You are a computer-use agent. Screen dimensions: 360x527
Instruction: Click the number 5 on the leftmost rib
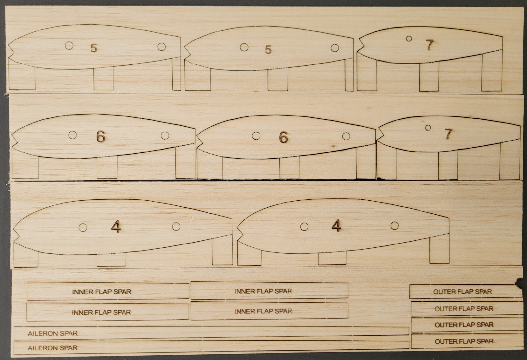94,48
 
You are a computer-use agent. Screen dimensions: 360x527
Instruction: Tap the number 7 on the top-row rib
429,45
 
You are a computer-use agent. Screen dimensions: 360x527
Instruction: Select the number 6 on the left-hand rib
101,136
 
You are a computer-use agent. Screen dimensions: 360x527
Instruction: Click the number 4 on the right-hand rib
336,226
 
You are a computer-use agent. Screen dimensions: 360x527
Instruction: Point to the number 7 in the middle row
448,134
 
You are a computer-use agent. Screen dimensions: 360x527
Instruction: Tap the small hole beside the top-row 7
409,39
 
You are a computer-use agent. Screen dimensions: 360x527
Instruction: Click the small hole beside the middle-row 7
428,128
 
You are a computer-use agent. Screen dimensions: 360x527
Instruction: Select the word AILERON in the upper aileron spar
39,333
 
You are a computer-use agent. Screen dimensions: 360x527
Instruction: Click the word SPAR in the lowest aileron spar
70,348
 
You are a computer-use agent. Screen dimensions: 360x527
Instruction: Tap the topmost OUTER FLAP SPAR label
462,292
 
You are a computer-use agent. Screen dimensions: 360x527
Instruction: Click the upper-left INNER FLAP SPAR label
101,292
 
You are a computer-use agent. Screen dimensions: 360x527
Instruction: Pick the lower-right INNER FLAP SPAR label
263,311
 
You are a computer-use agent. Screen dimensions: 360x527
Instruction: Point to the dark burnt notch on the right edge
520,282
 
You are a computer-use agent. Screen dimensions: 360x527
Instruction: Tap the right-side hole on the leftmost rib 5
161,47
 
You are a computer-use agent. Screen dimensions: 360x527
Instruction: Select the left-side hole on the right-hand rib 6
256,136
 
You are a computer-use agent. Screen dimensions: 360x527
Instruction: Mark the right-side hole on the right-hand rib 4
394,226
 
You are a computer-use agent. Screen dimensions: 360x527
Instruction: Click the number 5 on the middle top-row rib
268,50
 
